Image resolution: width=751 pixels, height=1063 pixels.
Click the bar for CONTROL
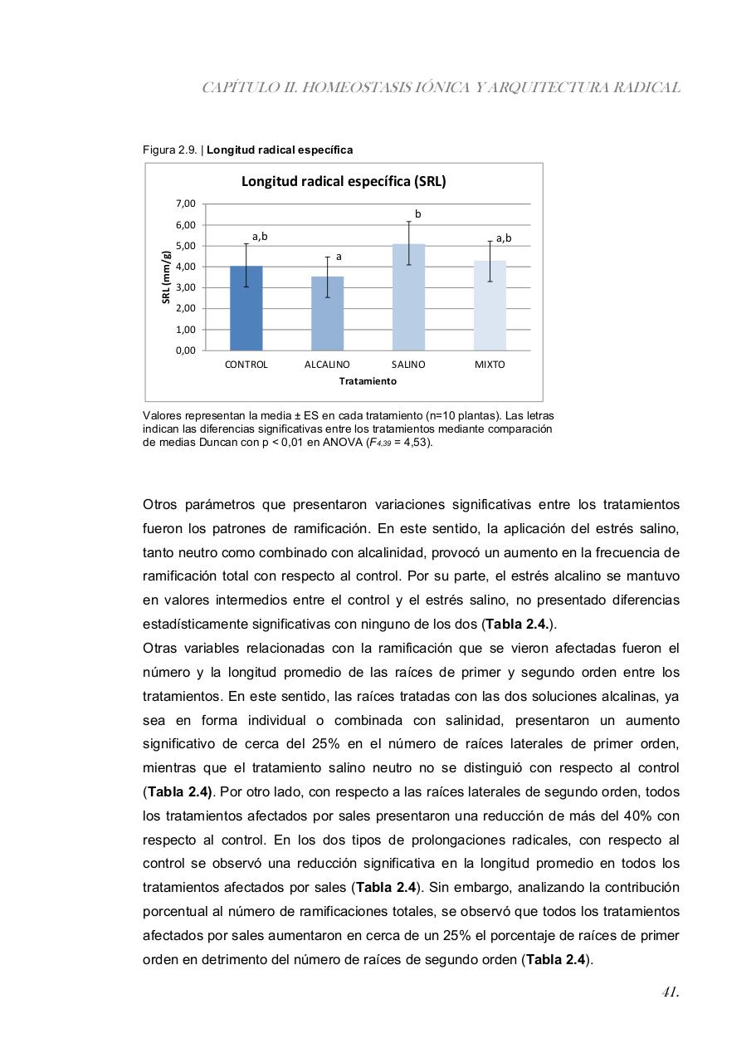pos(246,308)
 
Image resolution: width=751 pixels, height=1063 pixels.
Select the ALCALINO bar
pos(327,313)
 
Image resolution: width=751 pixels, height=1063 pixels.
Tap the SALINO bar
pos(408,297)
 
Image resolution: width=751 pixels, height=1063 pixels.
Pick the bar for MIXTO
pos(490,306)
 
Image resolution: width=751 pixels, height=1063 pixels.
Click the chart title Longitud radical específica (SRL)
pos(344,181)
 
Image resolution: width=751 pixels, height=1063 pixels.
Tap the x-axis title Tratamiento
pos(368,381)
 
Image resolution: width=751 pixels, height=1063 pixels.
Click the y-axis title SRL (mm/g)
pos(166,277)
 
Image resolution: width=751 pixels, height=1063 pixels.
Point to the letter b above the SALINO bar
pos(418,214)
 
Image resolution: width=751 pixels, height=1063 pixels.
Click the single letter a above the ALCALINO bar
pos(339,257)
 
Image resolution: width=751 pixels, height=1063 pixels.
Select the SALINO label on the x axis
pos(408,365)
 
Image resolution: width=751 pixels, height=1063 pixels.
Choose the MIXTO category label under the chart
pos(490,365)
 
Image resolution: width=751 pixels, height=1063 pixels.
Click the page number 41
pos(671,992)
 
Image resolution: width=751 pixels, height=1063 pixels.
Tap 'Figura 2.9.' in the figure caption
pos(170,150)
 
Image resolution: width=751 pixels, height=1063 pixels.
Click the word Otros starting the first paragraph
pos(159,505)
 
